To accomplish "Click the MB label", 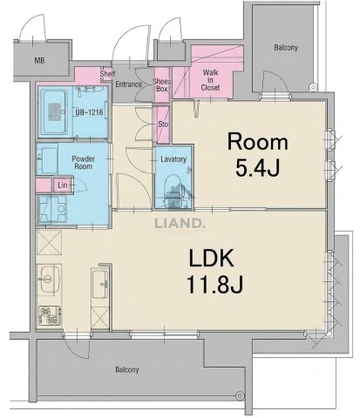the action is point(39,61).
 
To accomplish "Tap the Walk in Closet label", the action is point(211,80).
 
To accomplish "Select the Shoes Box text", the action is point(162,85).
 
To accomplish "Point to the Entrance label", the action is point(129,84).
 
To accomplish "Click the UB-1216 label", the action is point(89,111).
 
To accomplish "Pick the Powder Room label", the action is point(84,163).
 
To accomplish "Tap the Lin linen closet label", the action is point(63,185).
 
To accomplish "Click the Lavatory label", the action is point(173,159).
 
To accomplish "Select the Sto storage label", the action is point(163,124).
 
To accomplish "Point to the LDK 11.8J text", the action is point(214,271).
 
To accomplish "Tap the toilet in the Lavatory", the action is point(174,190).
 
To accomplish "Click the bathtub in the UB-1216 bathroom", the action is point(54,111).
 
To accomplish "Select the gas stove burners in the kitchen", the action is point(49,315).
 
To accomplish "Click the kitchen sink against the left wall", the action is point(49,280).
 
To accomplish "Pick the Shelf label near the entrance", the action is point(107,74).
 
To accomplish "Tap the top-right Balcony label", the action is point(286,47).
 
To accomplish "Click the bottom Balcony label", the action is point(127,369).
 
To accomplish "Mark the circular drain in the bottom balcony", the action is point(240,394).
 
